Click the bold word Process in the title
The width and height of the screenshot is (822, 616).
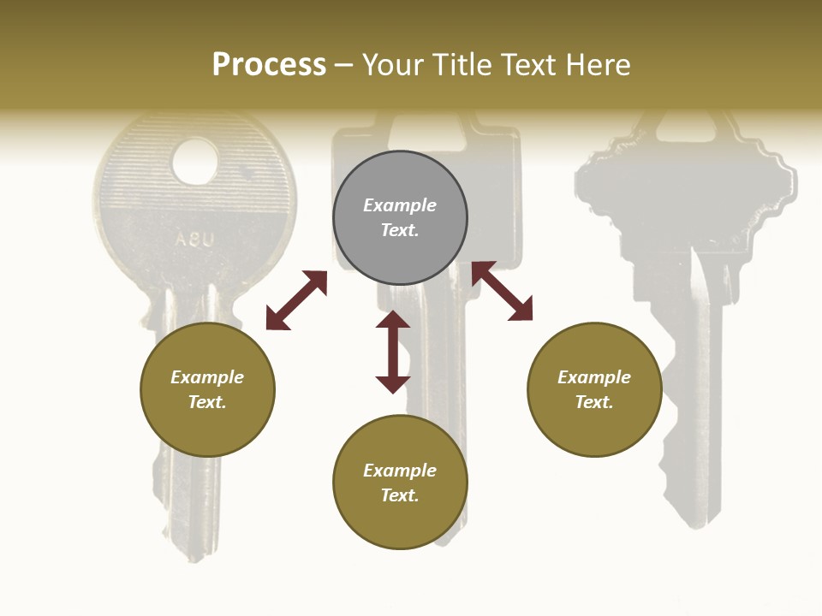269,64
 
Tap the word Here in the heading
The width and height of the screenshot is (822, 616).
595,65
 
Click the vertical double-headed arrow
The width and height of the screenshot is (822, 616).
393,352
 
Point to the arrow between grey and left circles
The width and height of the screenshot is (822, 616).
296,300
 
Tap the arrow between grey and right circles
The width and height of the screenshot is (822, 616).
503,291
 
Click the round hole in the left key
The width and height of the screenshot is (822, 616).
195,161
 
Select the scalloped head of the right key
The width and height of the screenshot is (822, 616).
685,188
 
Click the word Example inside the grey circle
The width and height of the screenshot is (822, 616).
400,205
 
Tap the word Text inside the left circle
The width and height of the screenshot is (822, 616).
207,402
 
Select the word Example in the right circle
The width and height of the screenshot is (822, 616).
594,377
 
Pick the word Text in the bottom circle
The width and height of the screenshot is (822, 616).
400,495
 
